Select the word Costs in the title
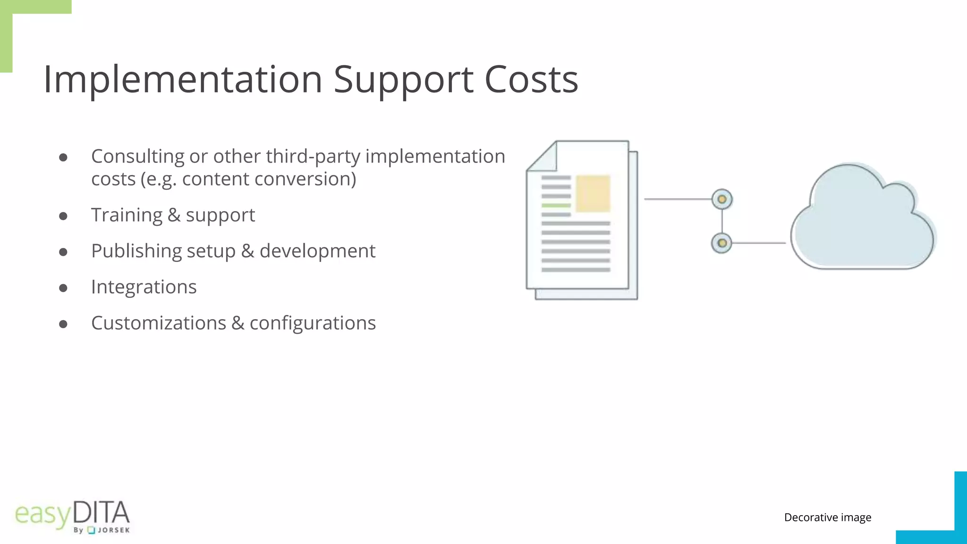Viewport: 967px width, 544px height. coord(531,79)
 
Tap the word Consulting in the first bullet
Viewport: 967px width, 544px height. coord(137,157)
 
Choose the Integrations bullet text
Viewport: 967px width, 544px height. coord(144,287)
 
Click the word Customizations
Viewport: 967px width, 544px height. coord(159,323)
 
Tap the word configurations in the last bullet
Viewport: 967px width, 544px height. coord(313,323)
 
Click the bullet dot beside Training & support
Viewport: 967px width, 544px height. coord(63,216)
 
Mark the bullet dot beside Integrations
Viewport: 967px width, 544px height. coord(63,288)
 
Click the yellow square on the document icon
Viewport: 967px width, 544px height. coord(593,194)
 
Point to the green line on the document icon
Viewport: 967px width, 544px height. coord(556,205)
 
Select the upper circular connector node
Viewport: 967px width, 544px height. coord(722,199)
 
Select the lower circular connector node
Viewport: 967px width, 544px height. coord(721,243)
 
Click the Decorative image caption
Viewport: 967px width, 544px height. coord(827,518)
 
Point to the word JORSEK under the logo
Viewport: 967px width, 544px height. coord(113,530)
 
